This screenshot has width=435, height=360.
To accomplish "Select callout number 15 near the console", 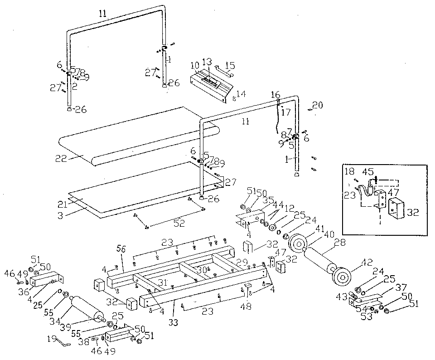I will coord(230,65).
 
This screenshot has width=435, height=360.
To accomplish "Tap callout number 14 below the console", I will coord(241,94).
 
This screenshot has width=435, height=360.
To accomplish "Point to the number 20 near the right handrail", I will coord(318,105).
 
